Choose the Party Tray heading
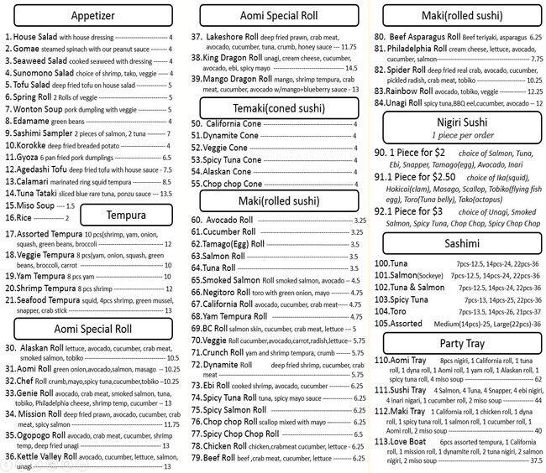point(457,343)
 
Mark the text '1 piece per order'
point(457,135)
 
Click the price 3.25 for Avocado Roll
point(358,221)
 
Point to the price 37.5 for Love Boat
point(533,460)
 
